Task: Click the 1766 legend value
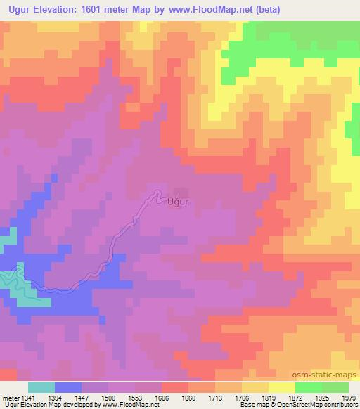pos(241,397)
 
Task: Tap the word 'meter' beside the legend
pos(9,397)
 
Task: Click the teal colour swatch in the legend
pos(41,387)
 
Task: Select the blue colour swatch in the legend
pos(68,387)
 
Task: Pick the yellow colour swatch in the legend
pos(281,387)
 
